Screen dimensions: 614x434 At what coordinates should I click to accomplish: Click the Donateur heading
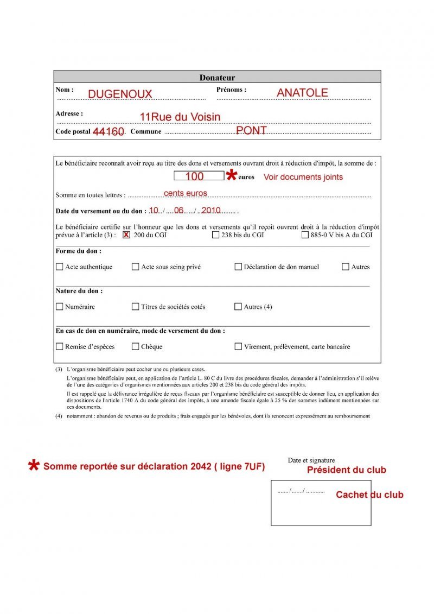coord(217,78)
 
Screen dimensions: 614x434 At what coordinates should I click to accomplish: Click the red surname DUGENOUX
coord(120,94)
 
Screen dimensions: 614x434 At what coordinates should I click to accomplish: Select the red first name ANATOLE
coord(302,93)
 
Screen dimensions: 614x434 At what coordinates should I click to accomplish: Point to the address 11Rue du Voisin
coord(180,117)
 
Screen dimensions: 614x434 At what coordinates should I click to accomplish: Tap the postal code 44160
coord(108,132)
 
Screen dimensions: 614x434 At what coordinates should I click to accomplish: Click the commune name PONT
coord(251,131)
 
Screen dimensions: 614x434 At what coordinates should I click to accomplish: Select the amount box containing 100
coord(199,176)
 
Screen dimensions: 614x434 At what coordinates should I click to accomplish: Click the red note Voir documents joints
coord(303,177)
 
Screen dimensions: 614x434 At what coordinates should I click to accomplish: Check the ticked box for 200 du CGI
coord(126,235)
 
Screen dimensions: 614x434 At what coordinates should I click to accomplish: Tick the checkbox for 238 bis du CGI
coord(215,235)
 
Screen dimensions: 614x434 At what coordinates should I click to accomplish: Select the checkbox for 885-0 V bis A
coord(305,235)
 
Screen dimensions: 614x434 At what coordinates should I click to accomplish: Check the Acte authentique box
coord(59,267)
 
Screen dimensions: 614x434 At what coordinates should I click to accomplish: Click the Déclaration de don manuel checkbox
coord(238,267)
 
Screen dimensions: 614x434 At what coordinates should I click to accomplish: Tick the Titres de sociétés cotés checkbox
coord(136,307)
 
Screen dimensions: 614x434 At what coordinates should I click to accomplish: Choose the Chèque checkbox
coord(136,346)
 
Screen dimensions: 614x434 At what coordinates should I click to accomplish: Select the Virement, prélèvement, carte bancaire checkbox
coord(238,346)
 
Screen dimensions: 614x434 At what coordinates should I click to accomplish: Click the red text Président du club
coord(347,470)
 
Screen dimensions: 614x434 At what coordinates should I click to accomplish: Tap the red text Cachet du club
coord(369,495)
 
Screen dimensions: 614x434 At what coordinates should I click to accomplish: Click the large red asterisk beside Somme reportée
coord(34,465)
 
